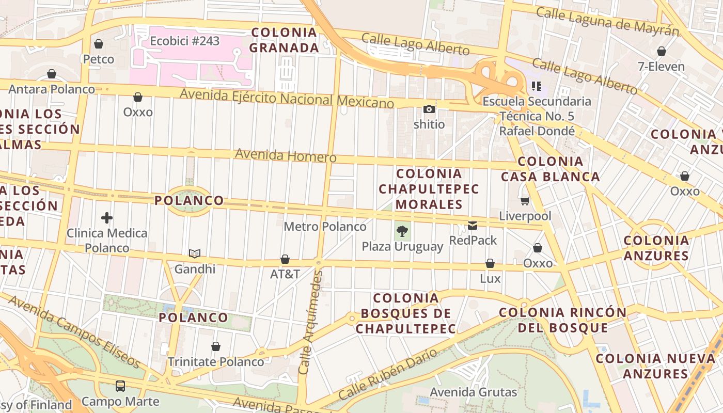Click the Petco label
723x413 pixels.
(x=99, y=59)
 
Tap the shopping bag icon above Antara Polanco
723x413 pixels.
(x=52, y=74)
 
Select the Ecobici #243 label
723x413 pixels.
(x=185, y=41)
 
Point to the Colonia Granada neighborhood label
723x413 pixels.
(x=284, y=40)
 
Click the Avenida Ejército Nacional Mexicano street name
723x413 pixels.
(x=287, y=98)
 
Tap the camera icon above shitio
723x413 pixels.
(x=429, y=109)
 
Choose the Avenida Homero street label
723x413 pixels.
(x=286, y=155)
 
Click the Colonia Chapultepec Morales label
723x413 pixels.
(x=429, y=189)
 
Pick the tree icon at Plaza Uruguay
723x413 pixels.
(x=402, y=231)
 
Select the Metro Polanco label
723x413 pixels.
(x=325, y=227)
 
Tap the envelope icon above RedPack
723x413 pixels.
(x=473, y=226)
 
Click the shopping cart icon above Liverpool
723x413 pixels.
(x=525, y=201)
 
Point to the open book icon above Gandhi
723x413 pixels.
(x=195, y=253)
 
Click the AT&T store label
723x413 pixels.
(x=285, y=274)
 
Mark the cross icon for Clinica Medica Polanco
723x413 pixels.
(x=107, y=218)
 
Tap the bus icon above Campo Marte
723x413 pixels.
(x=120, y=386)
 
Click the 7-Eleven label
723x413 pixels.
(x=661, y=67)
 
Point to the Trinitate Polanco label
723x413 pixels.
(x=216, y=362)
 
